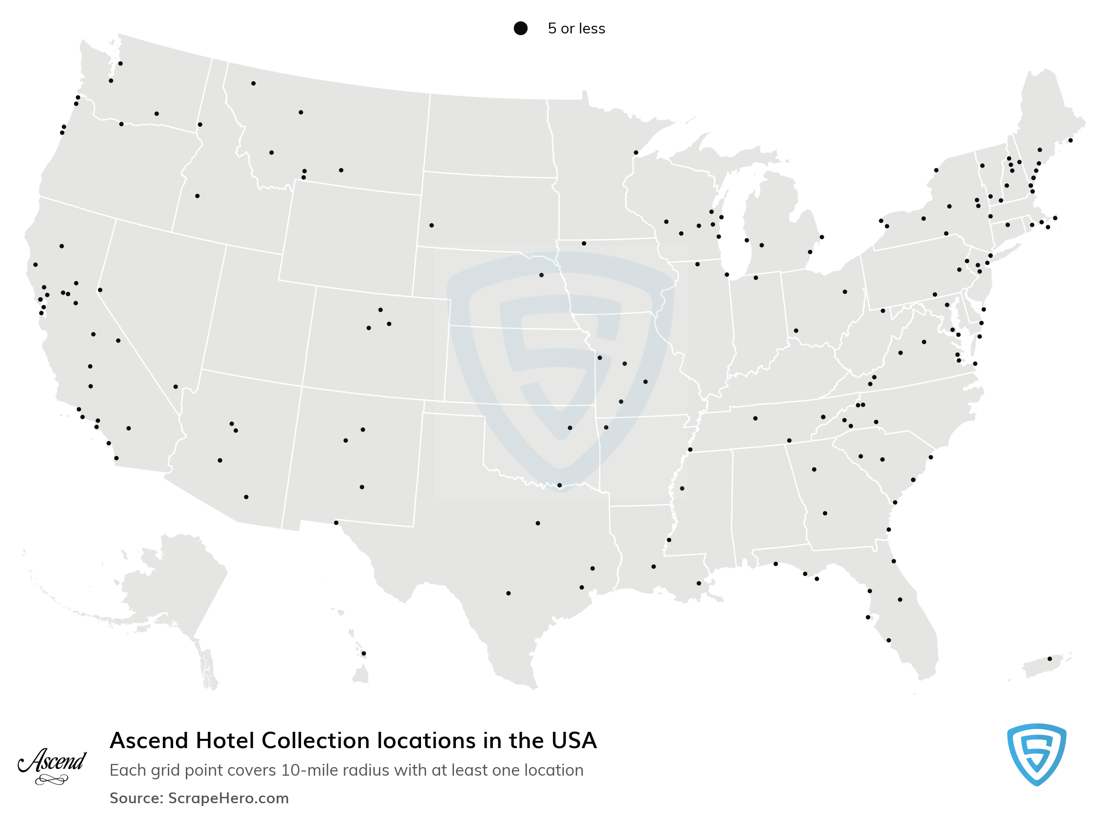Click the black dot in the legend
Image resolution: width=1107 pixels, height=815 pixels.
[x=520, y=28]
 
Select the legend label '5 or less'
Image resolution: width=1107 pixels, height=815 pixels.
[x=576, y=28]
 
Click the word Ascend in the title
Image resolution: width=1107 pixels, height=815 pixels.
[x=149, y=741]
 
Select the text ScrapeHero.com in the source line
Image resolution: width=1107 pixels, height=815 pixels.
[x=228, y=798]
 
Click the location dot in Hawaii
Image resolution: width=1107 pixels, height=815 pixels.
[x=364, y=654]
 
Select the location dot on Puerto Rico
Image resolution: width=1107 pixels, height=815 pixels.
[x=1050, y=659]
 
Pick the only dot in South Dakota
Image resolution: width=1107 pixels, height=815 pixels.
[x=431, y=226]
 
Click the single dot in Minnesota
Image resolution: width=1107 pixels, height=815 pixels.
[x=636, y=153]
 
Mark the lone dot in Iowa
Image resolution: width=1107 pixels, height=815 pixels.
[x=584, y=243]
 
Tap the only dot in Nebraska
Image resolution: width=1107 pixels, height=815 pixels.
[x=541, y=275]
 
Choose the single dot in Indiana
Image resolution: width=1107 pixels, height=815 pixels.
[x=756, y=278]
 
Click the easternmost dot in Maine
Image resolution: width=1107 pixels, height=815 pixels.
[x=1070, y=141]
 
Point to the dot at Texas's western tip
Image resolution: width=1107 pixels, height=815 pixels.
[x=336, y=523]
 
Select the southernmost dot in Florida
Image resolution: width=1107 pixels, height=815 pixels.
[x=889, y=641]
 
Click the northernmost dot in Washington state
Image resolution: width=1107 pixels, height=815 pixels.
[x=120, y=64]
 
